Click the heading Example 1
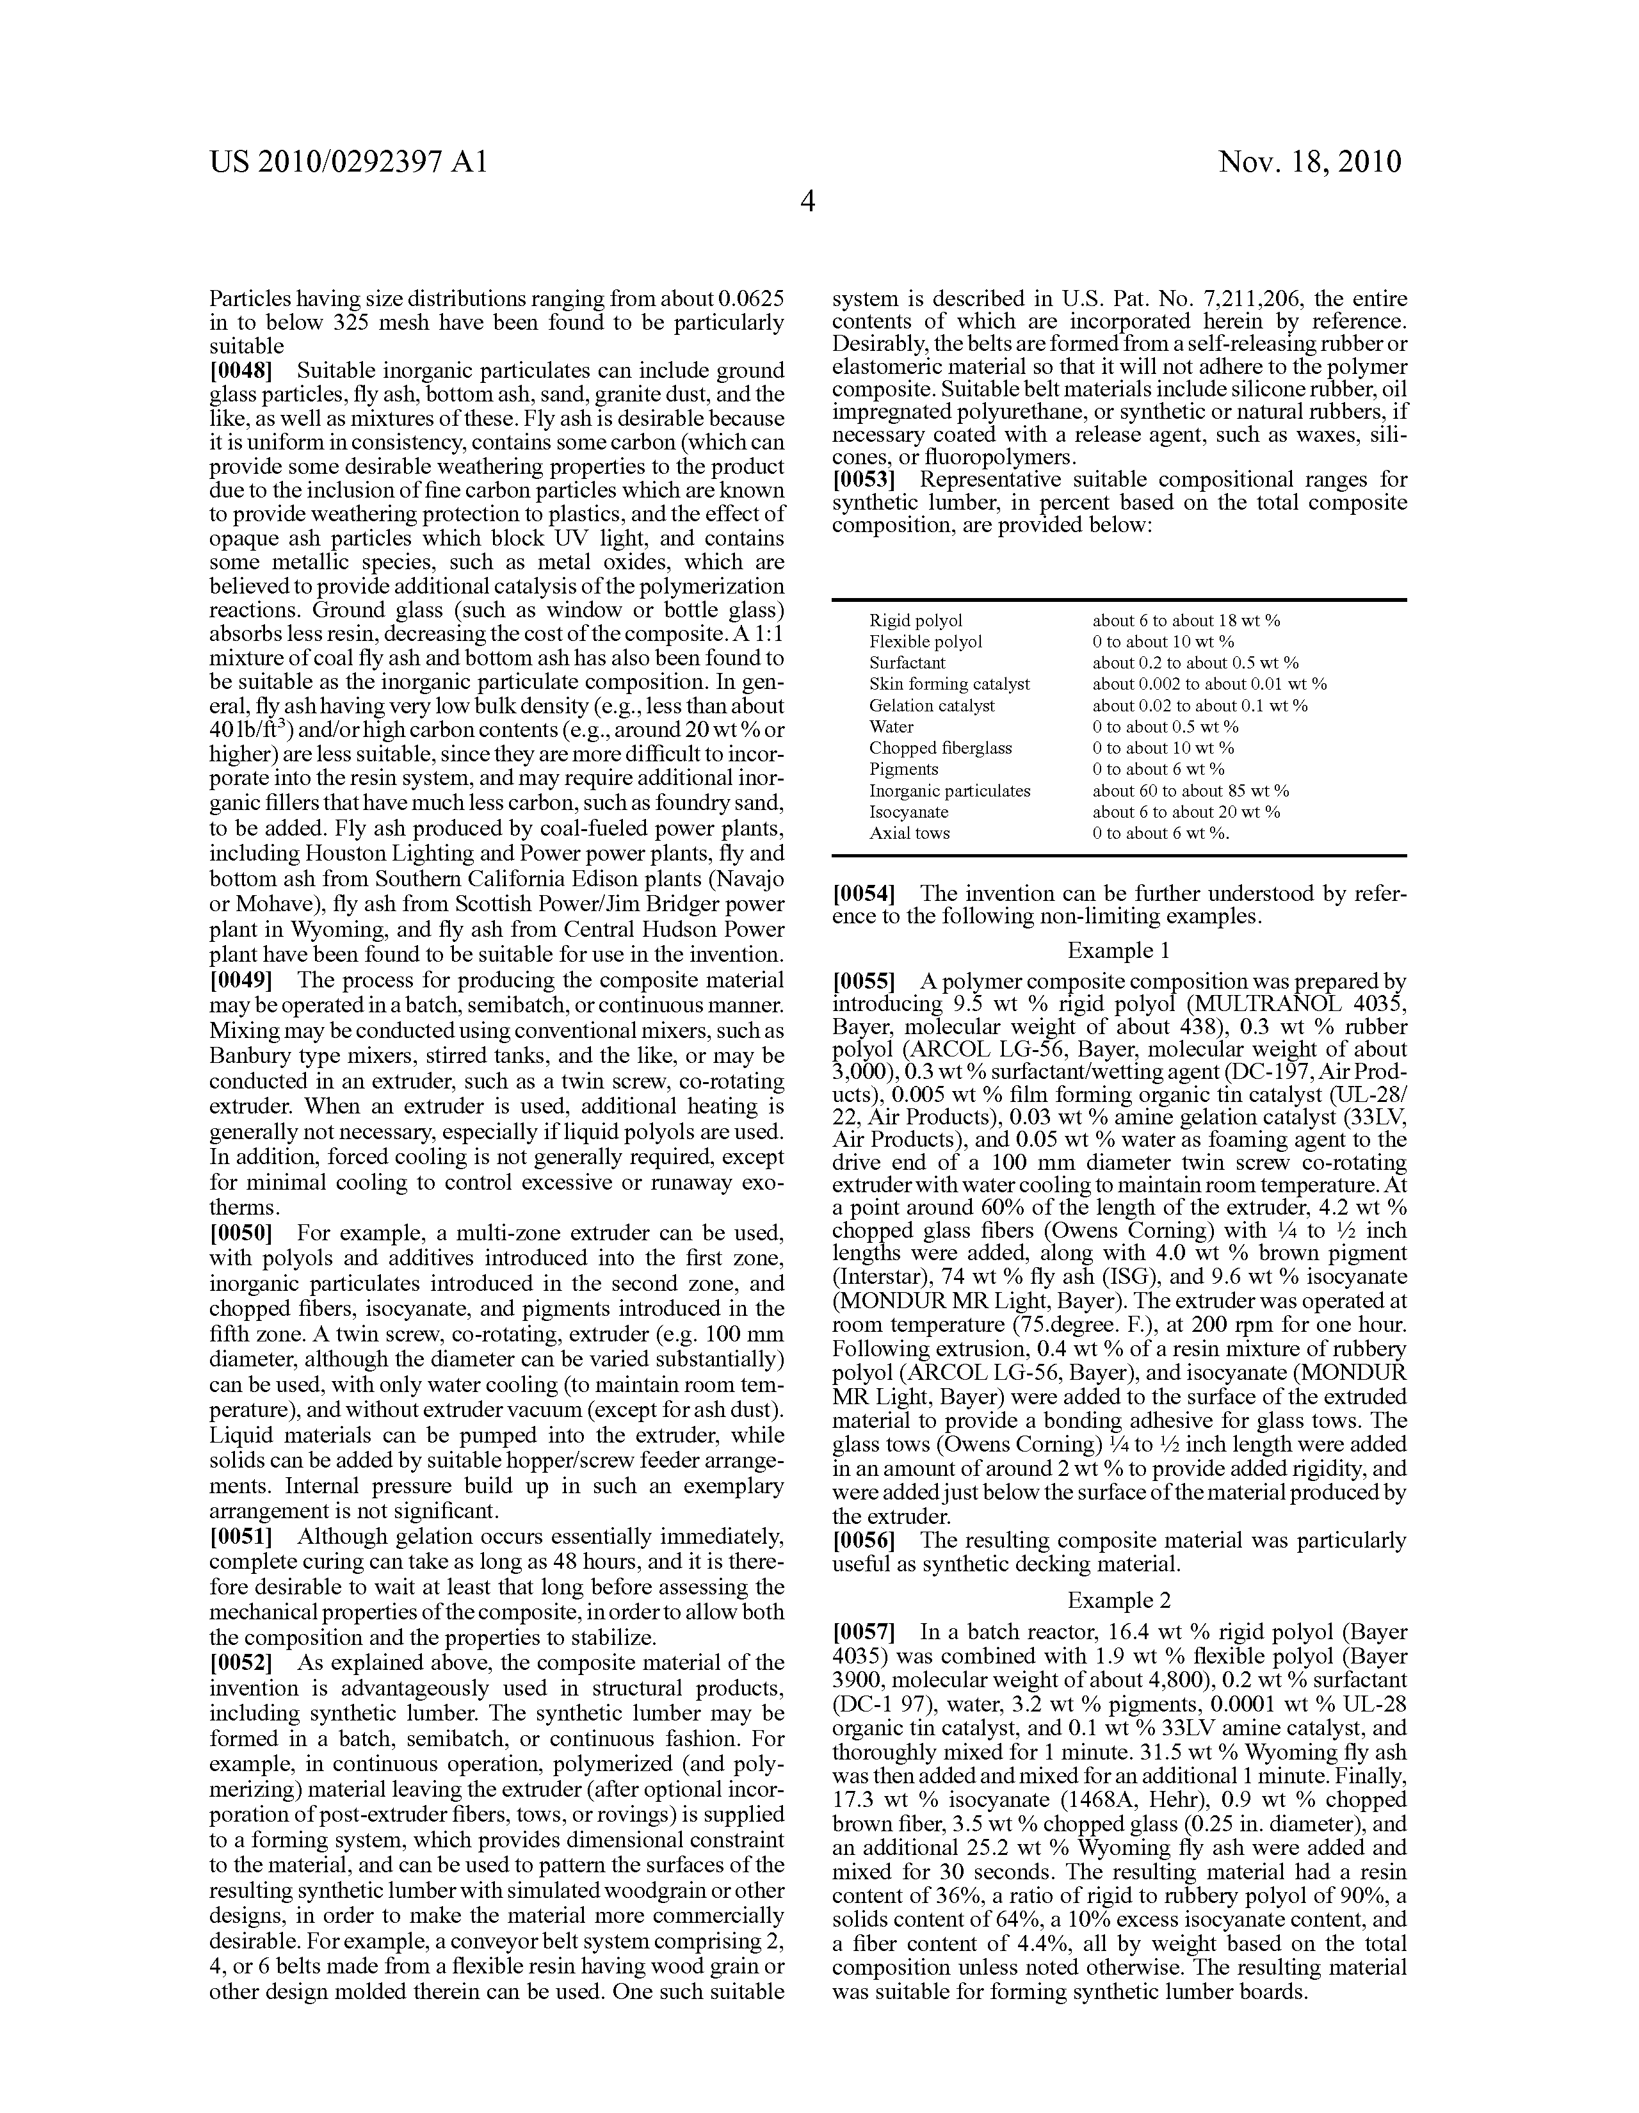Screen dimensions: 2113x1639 (1118, 950)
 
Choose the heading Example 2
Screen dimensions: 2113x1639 (1118, 1600)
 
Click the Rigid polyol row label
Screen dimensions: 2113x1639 (916, 621)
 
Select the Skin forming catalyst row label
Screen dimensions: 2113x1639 (949, 684)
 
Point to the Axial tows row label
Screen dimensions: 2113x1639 (910, 833)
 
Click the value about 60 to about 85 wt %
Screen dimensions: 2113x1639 (1190, 790)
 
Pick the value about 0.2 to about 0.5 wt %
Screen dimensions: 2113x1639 (1195, 663)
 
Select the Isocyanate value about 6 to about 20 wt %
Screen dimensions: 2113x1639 (1186, 812)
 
